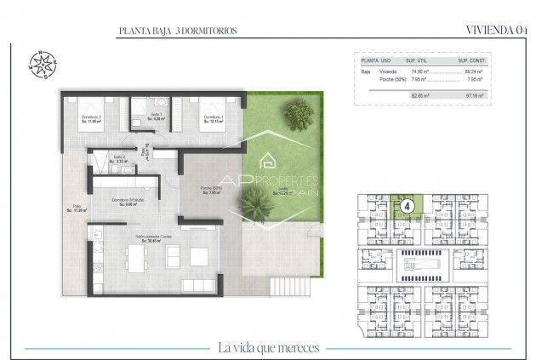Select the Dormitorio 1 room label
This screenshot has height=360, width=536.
point(212,117)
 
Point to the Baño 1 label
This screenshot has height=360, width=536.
point(156,117)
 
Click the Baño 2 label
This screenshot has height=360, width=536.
point(120,158)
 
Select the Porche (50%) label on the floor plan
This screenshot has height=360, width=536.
point(211,191)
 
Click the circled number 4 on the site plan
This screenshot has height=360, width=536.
point(408,205)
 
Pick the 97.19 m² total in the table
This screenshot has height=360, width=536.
point(474,96)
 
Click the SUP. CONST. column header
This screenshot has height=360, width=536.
point(470,61)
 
